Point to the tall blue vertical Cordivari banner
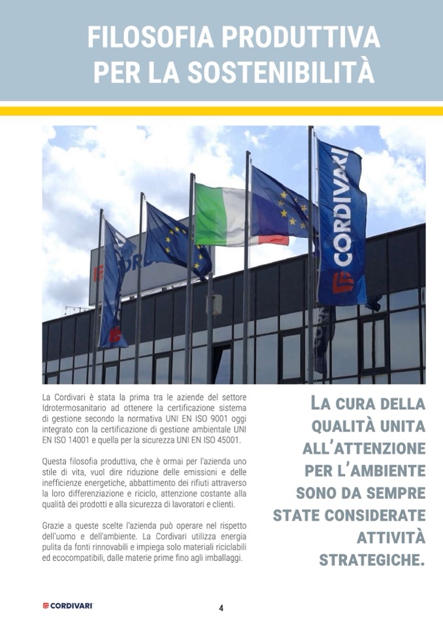click(341, 222)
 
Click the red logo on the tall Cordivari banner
click(342, 283)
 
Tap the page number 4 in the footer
click(221, 608)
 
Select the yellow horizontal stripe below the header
click(222, 111)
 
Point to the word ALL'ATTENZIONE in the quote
click(364, 448)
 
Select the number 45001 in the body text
click(227, 441)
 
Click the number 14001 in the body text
click(78, 441)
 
